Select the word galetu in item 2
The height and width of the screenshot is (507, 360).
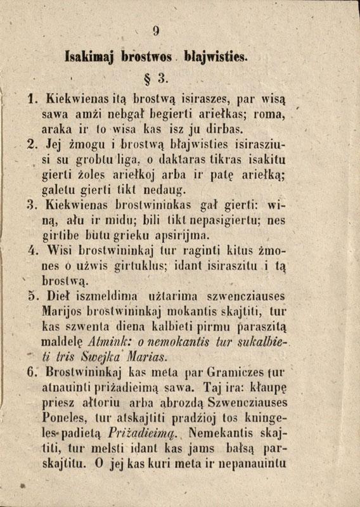tap(61, 189)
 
